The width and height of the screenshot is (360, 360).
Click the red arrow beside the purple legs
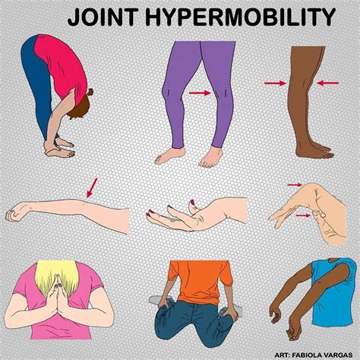click(200, 93)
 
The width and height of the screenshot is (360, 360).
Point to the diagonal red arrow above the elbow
click(92, 186)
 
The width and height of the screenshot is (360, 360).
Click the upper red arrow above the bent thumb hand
click(295, 184)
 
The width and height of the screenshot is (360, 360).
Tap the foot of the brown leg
click(319, 153)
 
